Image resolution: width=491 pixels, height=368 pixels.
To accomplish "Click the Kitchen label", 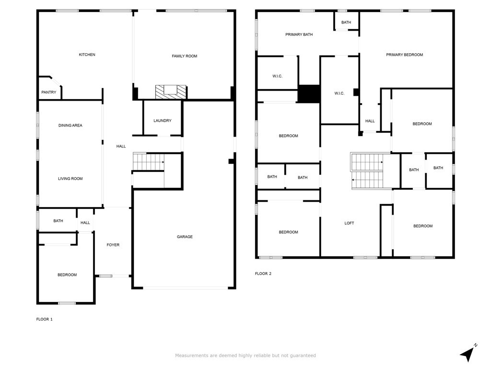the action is (x=87, y=55).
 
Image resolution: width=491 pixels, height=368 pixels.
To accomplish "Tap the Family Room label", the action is (x=185, y=57).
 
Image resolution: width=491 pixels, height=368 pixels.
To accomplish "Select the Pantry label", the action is (x=49, y=92).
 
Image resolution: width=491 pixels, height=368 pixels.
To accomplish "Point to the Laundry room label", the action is (x=163, y=120).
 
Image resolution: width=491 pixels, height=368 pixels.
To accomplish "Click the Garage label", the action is (x=185, y=237).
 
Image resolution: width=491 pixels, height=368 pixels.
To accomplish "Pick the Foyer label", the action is (x=113, y=245).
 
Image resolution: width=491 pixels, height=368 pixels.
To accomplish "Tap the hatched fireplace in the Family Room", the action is (x=171, y=92).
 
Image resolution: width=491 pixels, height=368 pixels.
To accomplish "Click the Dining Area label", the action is (x=70, y=126).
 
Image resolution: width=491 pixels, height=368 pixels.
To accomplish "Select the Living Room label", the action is (x=70, y=179).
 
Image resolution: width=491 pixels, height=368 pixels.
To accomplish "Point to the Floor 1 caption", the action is (x=45, y=319).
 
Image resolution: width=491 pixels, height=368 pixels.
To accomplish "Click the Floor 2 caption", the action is (x=263, y=274).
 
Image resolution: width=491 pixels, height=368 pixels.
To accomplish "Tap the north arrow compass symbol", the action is (x=468, y=353).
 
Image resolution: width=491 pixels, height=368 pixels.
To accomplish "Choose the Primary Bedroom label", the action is (x=405, y=55).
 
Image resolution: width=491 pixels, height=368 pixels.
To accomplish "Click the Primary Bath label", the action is (x=299, y=34).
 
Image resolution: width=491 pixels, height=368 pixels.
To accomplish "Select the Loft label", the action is (x=349, y=223).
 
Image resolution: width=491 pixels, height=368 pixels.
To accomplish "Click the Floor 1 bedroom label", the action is (x=67, y=275).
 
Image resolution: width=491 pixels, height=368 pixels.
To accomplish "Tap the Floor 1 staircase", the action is (x=149, y=162).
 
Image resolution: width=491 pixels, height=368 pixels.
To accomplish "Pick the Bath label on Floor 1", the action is (x=58, y=221).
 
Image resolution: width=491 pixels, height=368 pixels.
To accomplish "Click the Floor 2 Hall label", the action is (x=370, y=121).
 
